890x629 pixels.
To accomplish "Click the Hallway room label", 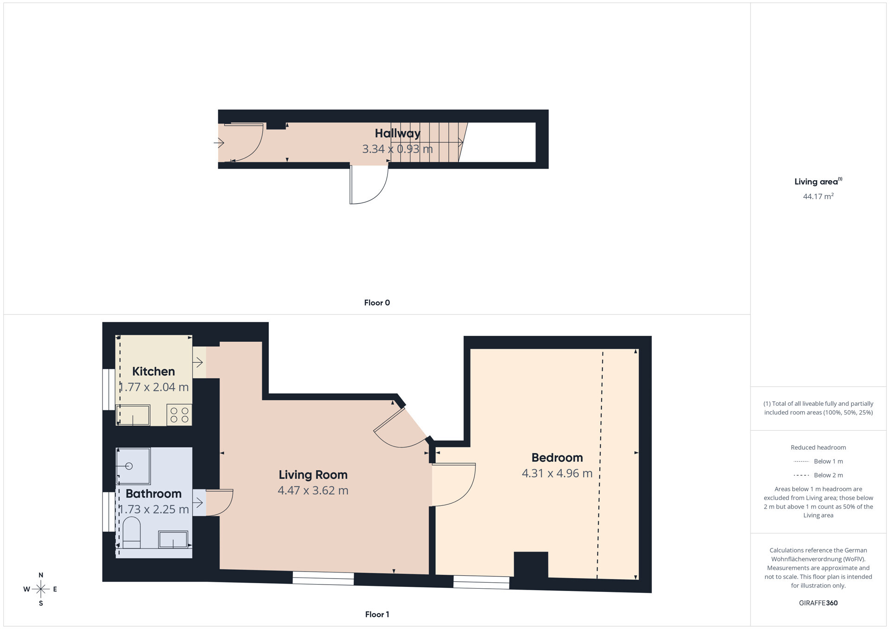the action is (398, 133).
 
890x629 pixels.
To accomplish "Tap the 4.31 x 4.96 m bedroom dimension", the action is (557, 473).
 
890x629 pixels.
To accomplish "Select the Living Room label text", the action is (313, 475).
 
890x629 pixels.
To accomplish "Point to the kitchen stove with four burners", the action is (179, 415).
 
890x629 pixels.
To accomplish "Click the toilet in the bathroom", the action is (132, 533).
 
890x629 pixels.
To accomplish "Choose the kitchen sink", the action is (133, 415).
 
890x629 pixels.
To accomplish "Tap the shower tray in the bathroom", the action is (133, 466).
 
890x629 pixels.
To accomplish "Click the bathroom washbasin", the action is (173, 540).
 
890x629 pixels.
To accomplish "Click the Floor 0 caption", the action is (377, 303).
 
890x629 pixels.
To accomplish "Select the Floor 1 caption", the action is (377, 615).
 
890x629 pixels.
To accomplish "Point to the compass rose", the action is (41, 589).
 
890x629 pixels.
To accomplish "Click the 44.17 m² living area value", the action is (818, 196).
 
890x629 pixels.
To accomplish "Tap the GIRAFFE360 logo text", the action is (818, 603).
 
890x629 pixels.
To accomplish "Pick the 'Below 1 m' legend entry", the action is (818, 461).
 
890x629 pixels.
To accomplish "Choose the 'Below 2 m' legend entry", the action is (818, 475).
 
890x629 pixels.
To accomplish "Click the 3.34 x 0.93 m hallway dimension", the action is (397, 149).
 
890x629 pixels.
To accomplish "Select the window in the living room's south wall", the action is (323, 578).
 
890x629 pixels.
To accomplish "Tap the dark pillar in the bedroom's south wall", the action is (531, 564).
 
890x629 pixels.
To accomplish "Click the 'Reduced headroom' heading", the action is (818, 447).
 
